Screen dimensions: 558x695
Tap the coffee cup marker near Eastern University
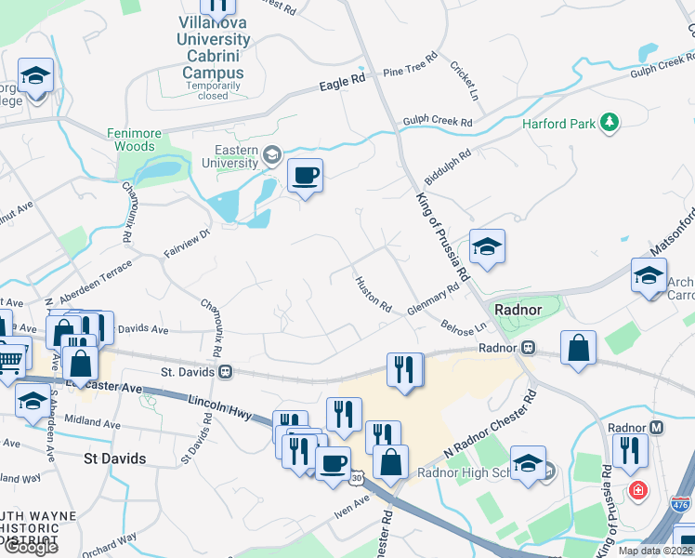[x=305, y=175]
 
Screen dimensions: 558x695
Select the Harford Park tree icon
[x=610, y=122]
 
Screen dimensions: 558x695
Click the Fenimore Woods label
[x=136, y=139]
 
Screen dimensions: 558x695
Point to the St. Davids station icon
[x=225, y=371]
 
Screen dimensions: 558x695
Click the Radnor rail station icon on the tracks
[x=527, y=348]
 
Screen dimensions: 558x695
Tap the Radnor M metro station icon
[x=656, y=427]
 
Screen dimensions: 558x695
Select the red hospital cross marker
[x=637, y=489]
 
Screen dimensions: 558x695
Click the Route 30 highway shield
[x=357, y=478]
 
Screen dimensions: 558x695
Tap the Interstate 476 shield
[x=680, y=503]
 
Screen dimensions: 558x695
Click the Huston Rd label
[x=373, y=294]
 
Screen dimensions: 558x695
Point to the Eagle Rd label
[x=342, y=84]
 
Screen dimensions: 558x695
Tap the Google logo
[x=30, y=547]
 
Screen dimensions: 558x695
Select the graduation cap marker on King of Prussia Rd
[x=487, y=247]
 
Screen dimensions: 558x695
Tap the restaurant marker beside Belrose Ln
[x=405, y=369]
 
